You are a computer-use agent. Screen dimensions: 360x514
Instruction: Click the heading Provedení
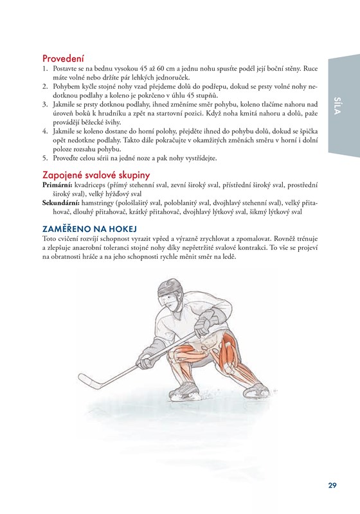pyautogui.click(x=63, y=58)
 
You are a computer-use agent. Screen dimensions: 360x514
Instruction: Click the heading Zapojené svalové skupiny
pyautogui.click(x=96, y=175)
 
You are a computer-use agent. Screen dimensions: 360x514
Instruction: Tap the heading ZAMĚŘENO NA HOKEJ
pyautogui.click(x=89, y=229)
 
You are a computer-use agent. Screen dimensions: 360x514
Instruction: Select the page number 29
pyautogui.click(x=332, y=485)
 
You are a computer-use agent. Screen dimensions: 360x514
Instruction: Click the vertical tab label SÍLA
pyautogui.click(x=336, y=105)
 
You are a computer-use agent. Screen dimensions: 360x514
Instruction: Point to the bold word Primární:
pyautogui.click(x=57, y=185)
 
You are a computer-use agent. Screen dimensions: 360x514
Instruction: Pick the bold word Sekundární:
pyautogui.click(x=61, y=203)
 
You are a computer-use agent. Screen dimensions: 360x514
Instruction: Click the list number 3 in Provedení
pyautogui.click(x=45, y=105)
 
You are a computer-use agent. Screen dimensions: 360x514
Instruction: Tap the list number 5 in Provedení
pyautogui.click(x=45, y=158)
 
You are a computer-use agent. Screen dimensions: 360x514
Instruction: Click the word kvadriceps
pyautogui.click(x=90, y=186)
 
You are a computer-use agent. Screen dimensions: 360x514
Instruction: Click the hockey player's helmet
pyautogui.click(x=170, y=287)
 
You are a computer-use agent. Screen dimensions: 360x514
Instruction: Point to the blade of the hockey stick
pyautogui.click(x=90, y=381)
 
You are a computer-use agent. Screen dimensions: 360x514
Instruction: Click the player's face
pyautogui.click(x=170, y=301)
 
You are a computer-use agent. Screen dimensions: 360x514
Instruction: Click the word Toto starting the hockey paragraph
pyautogui.click(x=50, y=238)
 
